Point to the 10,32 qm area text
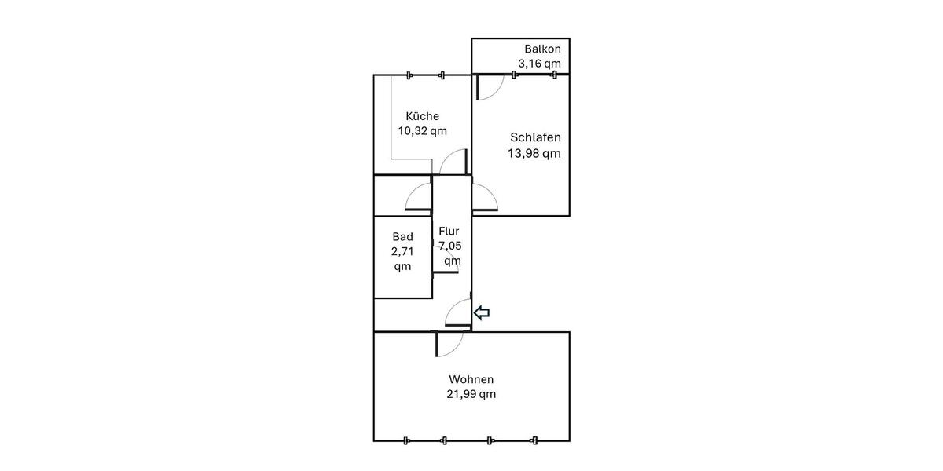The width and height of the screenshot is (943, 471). (422, 131)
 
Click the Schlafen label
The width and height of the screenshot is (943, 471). (535, 137)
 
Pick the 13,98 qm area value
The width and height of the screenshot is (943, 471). (535, 153)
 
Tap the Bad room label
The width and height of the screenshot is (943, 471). (402, 236)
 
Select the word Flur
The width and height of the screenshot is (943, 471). (449, 232)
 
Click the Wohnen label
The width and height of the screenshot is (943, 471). (472, 379)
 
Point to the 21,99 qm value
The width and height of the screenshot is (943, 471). (472, 394)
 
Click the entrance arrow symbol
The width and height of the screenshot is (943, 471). (482, 312)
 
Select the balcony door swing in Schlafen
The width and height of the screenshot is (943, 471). (490, 87)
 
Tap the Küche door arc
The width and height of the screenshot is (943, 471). (453, 163)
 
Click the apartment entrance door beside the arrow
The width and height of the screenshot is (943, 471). (458, 312)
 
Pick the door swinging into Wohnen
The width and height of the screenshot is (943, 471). (450, 343)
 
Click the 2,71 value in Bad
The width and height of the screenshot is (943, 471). (402, 251)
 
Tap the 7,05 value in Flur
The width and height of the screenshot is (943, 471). (451, 246)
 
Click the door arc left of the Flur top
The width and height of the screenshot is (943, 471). (419, 197)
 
